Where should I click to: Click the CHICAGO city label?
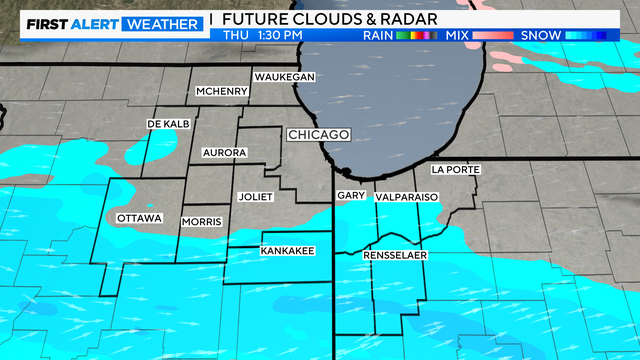click(x=318, y=134)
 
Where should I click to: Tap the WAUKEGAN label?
click(x=285, y=77)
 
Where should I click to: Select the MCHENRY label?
click(x=221, y=92)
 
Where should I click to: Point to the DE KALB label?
click(x=168, y=123)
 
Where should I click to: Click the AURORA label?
click(x=224, y=153)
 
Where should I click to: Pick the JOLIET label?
click(x=256, y=197)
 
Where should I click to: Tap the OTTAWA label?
click(x=139, y=218)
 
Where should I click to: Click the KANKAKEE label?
click(x=288, y=250)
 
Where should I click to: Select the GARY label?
click(x=351, y=196)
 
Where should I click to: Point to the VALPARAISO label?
click(x=407, y=198)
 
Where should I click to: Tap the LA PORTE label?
click(x=455, y=170)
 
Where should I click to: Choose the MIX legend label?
click(x=458, y=36)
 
